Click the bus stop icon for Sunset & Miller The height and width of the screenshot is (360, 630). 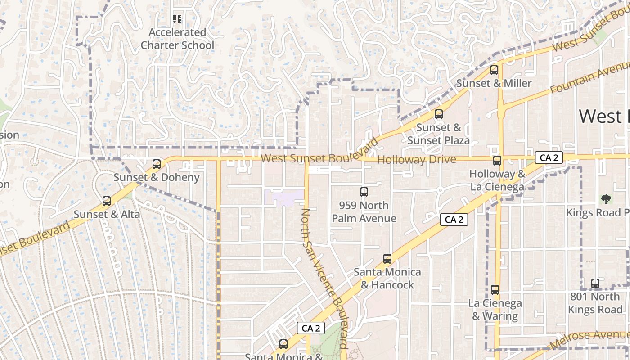tap(494, 70)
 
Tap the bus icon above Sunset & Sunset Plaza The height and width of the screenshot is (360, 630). tap(439, 114)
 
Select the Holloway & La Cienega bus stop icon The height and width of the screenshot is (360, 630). tap(497, 161)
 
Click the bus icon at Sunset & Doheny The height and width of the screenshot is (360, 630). tap(157, 164)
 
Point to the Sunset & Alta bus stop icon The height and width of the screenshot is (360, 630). tap(107, 201)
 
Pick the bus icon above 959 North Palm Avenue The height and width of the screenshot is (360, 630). tap(364, 192)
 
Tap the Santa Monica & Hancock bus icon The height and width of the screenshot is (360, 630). tap(387, 259)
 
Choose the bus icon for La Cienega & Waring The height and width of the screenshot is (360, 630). tap(495, 290)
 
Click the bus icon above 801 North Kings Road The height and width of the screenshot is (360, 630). tap(595, 283)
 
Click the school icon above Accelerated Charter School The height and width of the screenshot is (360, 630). tap(177, 19)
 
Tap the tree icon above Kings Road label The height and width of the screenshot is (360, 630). tap(606, 199)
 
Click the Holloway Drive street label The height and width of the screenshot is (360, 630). tap(416, 160)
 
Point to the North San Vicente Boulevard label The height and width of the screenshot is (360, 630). tap(324, 279)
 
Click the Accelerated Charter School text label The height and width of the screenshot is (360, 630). tap(177, 39)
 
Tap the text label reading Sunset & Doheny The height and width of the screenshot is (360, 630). tap(156, 177)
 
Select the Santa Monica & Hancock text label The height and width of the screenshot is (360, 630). tap(387, 278)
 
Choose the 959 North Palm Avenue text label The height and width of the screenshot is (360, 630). tap(364, 212)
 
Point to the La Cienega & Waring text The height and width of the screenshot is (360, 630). tap(495, 310)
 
